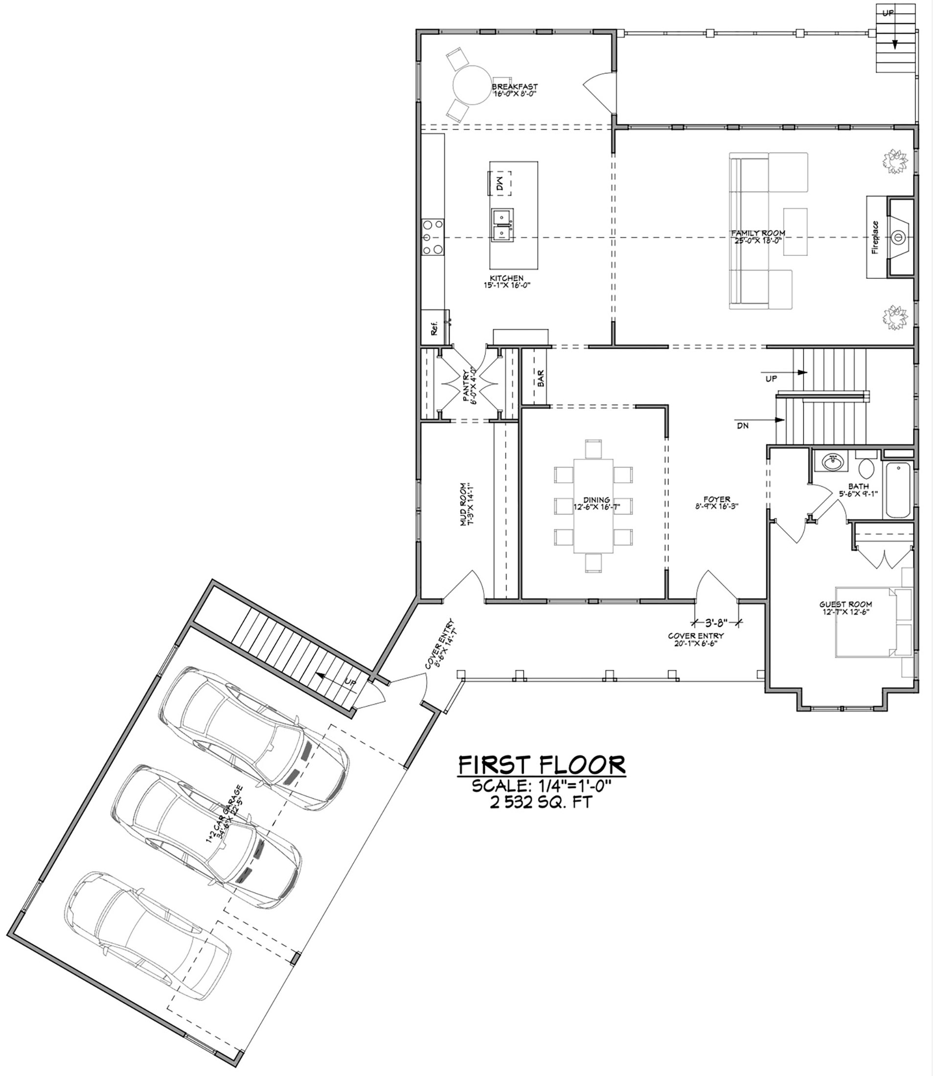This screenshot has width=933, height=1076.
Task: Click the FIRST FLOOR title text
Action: point(542,765)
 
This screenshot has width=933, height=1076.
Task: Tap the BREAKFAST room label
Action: point(514,87)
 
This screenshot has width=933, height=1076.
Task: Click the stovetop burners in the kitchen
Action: point(432,237)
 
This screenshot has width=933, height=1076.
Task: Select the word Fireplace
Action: point(875,237)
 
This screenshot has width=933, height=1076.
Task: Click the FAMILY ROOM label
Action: point(758,233)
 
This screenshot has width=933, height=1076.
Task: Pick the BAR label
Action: point(541,378)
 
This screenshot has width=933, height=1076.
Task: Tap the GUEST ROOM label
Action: point(845,605)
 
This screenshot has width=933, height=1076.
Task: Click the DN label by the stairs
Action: point(743,426)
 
